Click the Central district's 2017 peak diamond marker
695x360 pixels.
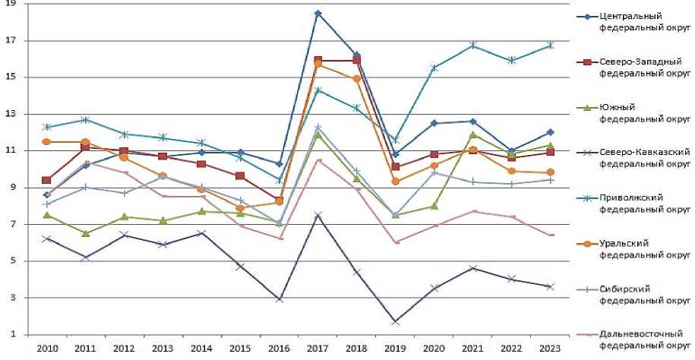click(x=317, y=14)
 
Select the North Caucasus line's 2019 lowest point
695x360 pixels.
click(x=395, y=322)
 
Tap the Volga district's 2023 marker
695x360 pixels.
click(x=550, y=46)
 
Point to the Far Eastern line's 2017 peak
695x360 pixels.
click(x=317, y=160)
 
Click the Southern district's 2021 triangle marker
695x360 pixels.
click(x=472, y=134)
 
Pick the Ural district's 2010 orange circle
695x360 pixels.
click(x=46, y=142)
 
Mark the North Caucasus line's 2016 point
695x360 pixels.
click(x=279, y=300)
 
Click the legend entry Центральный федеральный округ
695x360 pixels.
click(x=642, y=21)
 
